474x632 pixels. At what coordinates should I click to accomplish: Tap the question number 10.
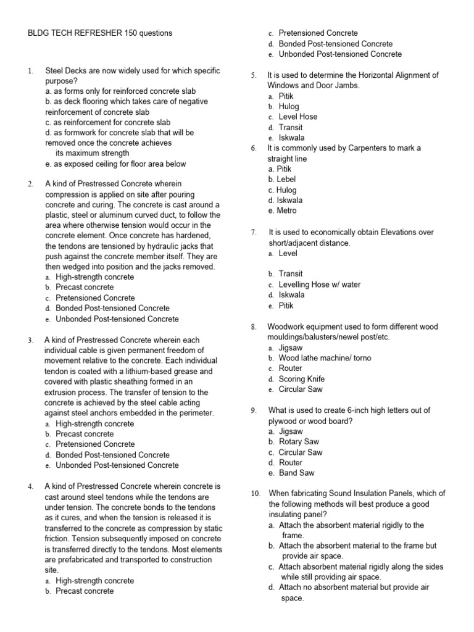[x=256, y=493]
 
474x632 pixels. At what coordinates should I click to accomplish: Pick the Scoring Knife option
[x=302, y=379]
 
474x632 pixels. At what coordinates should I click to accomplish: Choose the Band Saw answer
[x=296, y=473]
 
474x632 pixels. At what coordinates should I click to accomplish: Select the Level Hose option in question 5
[x=299, y=117]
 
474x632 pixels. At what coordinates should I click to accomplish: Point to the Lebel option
[x=287, y=179]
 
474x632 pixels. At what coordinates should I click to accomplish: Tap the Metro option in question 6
[x=286, y=210]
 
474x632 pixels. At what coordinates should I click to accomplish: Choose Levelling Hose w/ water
[x=320, y=285]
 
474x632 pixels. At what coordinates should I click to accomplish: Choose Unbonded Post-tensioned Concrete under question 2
[x=117, y=319]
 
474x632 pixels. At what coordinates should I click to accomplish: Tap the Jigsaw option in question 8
[x=291, y=347]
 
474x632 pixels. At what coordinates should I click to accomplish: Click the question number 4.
[x=30, y=486]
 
